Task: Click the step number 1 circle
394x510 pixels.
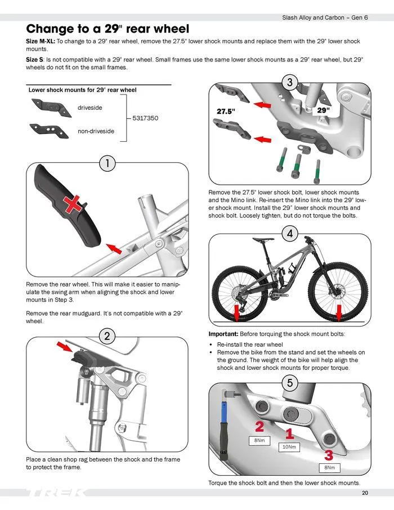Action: [107, 164]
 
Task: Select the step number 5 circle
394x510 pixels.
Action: [289, 383]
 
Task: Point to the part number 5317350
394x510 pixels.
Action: [145, 119]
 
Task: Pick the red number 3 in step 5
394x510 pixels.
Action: [328, 454]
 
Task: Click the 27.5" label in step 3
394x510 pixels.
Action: [226, 111]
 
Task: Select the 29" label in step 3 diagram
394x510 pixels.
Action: [323, 110]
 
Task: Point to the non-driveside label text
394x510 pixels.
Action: [96, 131]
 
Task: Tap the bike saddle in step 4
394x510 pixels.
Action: [260, 240]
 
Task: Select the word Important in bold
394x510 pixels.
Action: [225, 334]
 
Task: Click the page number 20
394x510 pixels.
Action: [365, 493]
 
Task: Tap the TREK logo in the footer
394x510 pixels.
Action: [56, 493]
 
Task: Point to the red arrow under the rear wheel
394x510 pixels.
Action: [236, 313]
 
